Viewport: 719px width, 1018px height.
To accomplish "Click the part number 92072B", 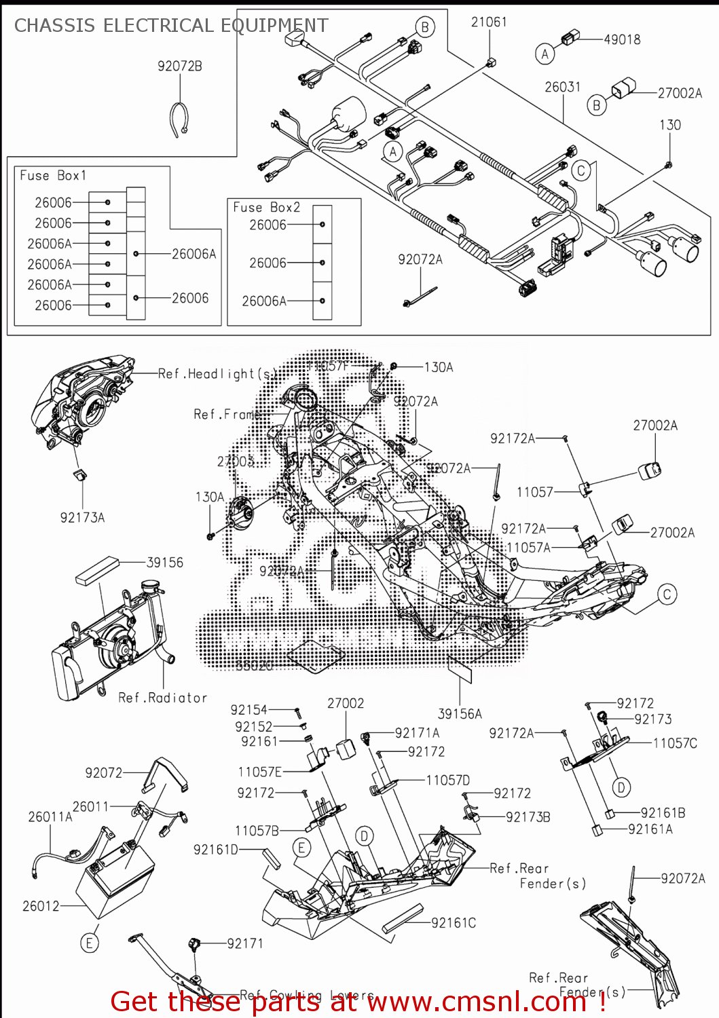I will [179, 67].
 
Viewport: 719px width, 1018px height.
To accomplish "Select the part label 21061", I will [489, 22].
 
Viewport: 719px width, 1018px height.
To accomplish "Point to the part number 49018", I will [622, 39].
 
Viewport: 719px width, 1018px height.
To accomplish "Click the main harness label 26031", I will [562, 87].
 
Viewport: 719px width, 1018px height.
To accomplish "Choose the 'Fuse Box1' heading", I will [53, 176].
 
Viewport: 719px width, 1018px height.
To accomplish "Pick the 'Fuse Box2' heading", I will [266, 208].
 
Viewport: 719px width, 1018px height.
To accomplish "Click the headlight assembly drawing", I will [81, 400].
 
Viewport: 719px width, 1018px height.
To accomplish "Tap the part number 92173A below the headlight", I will [82, 518].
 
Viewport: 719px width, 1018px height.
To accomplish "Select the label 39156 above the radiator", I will [164, 563].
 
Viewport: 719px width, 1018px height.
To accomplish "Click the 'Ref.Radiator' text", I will [162, 698].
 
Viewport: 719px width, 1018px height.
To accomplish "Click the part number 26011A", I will [50, 817].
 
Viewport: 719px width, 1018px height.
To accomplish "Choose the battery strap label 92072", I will [103, 773].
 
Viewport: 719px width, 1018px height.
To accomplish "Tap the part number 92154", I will [248, 710].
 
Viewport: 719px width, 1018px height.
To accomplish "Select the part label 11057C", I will [674, 743].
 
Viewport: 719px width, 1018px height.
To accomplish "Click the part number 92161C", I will [453, 923].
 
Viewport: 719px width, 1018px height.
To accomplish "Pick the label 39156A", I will [460, 714].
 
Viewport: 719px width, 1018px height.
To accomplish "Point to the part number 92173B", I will [528, 817].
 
